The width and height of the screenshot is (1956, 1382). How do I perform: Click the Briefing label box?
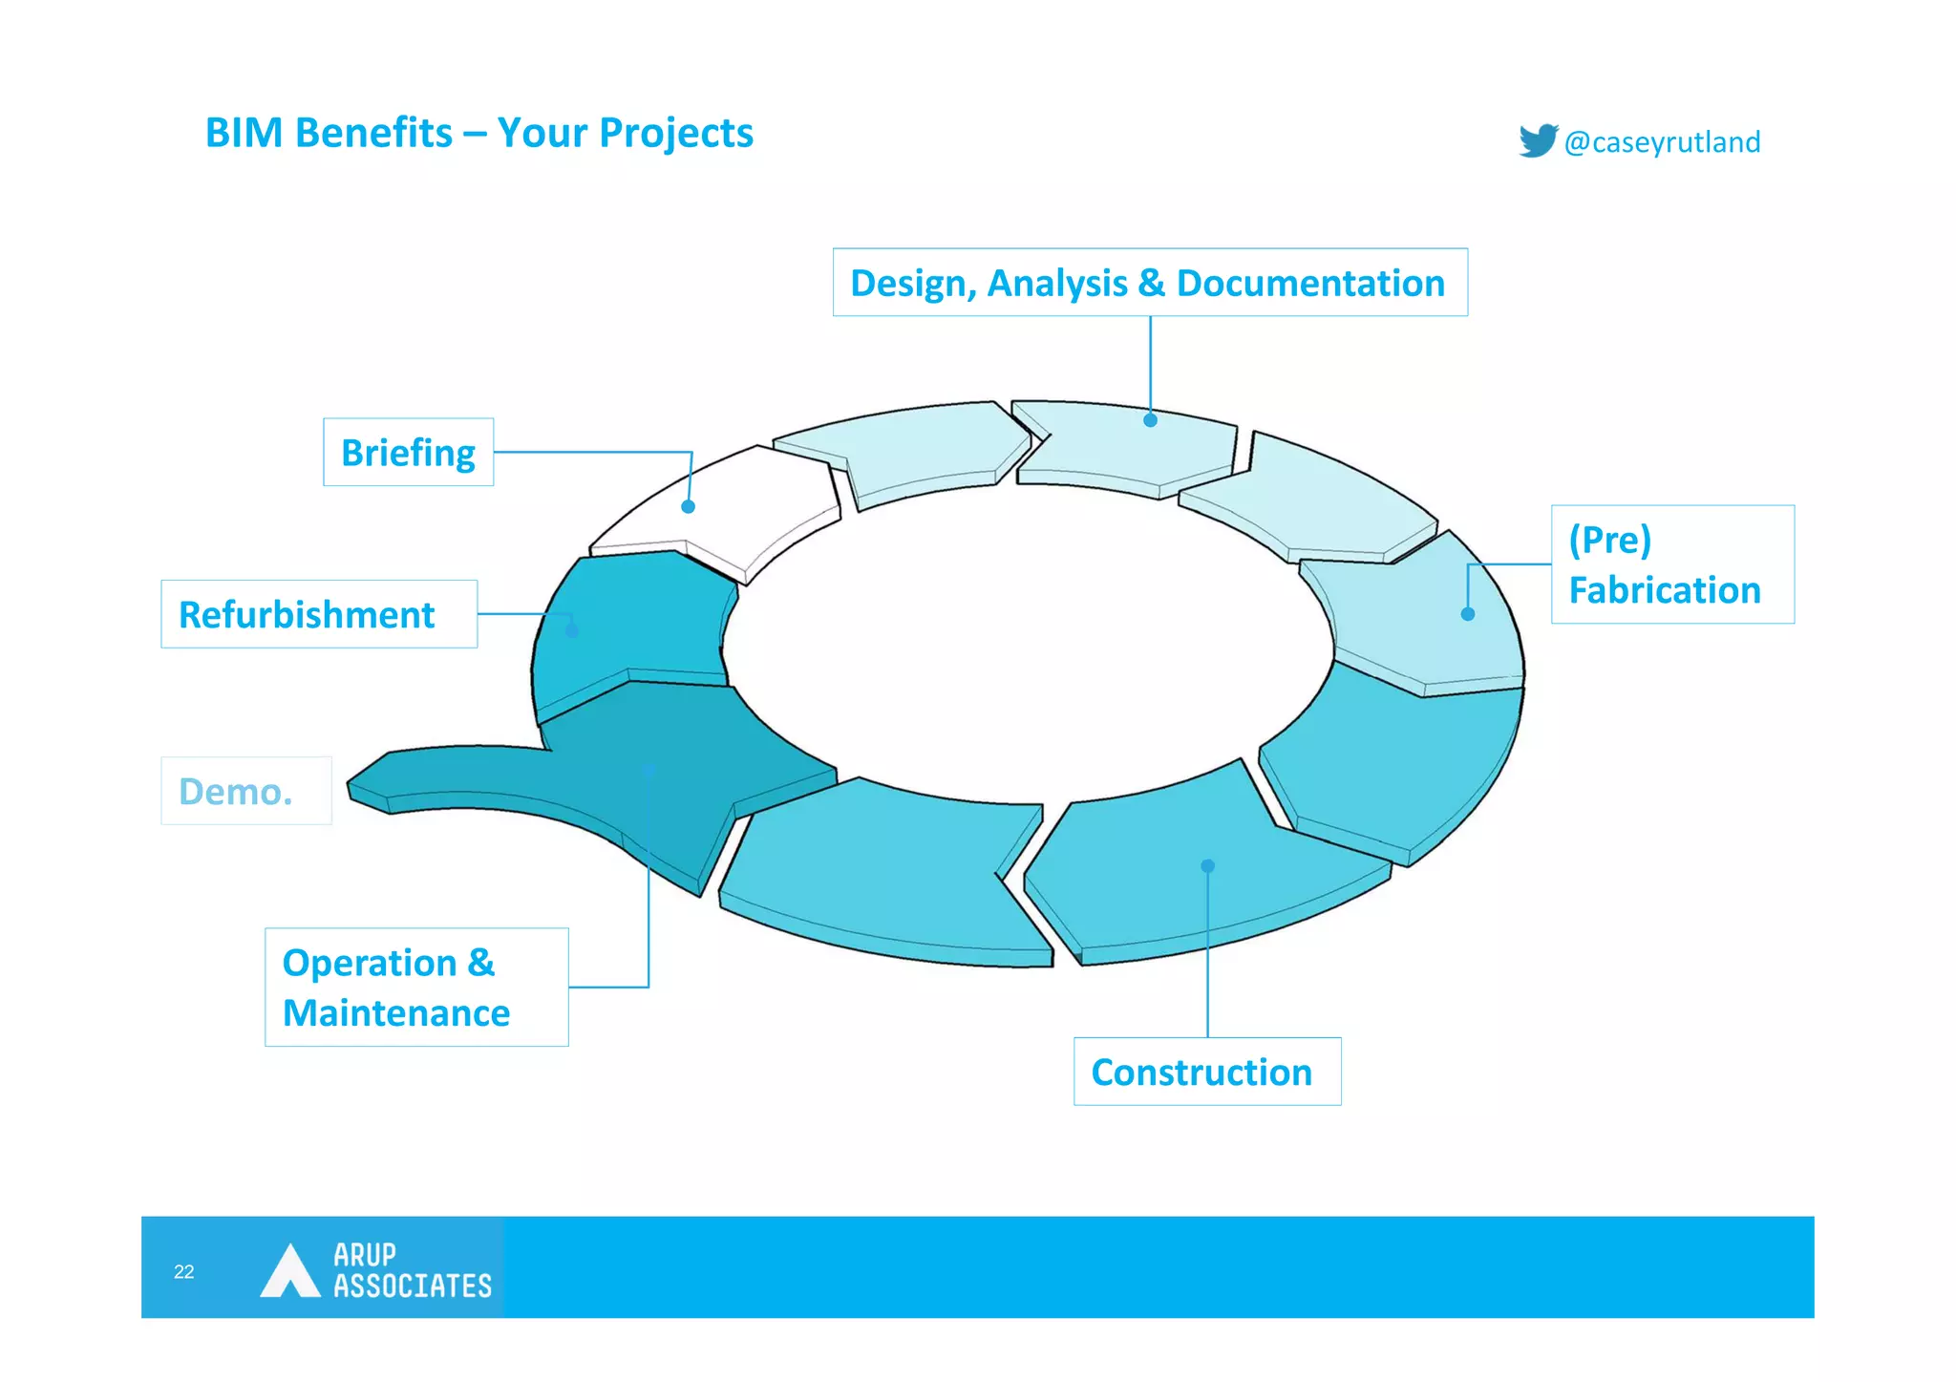tap(408, 452)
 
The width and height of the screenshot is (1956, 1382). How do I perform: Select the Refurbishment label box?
tap(318, 614)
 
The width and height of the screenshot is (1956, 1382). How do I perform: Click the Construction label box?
tap(1206, 1072)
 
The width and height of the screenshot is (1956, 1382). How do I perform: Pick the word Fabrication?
tap(1664, 590)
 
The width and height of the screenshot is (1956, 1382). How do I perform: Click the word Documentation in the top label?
tap(1309, 283)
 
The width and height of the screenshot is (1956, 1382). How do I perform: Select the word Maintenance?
tap(396, 1012)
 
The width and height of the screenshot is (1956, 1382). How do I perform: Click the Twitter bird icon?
tap(1538, 140)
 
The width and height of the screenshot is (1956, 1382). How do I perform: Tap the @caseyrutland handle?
tap(1662, 142)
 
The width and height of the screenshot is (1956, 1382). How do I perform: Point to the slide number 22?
tap(184, 1271)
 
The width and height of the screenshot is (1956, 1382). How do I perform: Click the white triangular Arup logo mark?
tap(289, 1272)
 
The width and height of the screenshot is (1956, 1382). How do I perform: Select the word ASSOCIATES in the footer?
tap(412, 1286)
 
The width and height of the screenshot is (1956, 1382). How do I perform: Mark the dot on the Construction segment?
tap(1207, 865)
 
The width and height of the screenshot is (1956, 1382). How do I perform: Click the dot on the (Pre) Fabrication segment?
tap(1467, 614)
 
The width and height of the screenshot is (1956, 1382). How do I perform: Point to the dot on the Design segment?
tap(1150, 420)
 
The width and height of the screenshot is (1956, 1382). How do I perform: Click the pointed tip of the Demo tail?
tap(351, 785)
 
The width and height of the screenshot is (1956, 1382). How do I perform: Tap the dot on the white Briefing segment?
tap(688, 506)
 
